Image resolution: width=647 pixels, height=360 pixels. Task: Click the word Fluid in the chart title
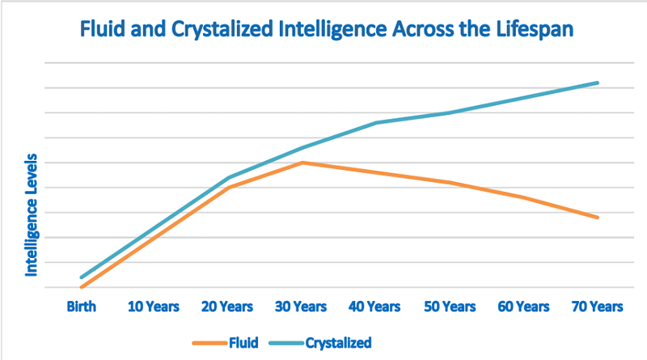[103, 29]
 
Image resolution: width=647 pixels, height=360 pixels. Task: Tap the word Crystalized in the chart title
[222, 30]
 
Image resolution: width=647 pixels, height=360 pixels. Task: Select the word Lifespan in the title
[535, 30]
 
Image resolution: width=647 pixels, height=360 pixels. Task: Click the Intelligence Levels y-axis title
[32, 215]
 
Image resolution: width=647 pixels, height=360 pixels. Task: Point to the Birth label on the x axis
[82, 307]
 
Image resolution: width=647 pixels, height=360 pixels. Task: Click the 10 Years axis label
[154, 307]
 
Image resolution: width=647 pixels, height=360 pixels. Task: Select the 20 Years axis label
[227, 307]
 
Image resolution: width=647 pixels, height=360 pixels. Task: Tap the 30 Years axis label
[301, 307]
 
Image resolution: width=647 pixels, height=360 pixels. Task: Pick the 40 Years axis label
[374, 307]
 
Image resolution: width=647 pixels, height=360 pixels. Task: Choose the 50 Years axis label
[450, 307]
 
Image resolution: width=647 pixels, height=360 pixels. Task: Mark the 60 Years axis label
[523, 307]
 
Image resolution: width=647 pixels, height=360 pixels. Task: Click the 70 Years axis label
[597, 307]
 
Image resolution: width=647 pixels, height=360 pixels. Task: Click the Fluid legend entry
[226, 343]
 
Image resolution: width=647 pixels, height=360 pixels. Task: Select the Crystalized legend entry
[320, 343]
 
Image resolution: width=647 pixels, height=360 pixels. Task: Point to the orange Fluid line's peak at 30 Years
[302, 163]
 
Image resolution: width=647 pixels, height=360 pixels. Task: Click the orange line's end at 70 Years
[597, 217]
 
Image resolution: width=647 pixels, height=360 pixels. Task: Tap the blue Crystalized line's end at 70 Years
[597, 83]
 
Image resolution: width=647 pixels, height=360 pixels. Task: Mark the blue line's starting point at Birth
[82, 277]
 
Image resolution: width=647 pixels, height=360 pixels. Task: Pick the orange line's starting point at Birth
[82, 287]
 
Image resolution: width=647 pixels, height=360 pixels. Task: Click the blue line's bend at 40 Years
[376, 123]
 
